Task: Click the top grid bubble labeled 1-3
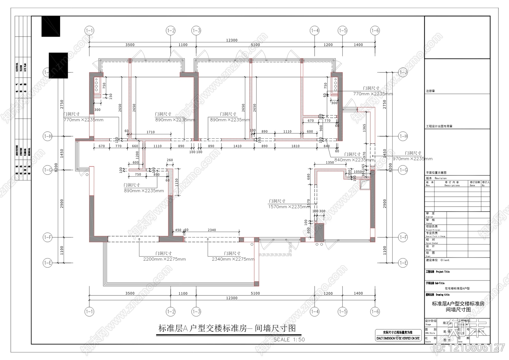196,31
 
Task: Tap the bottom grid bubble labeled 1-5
342,311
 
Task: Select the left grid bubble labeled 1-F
47,237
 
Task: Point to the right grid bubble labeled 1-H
403,136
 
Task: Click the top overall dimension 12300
232,40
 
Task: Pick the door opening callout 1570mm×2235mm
288,207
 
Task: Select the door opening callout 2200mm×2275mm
164,259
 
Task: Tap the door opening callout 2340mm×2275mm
233,259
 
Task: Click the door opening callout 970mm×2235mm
412,159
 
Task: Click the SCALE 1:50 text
289,340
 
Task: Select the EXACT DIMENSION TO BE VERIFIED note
398,338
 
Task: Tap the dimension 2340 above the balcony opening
212,230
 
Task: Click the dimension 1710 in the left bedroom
150,132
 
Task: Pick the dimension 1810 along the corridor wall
295,146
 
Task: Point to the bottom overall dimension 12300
232,298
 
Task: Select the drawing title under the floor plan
227,328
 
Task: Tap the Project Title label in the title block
443,272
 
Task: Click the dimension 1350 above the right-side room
330,162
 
